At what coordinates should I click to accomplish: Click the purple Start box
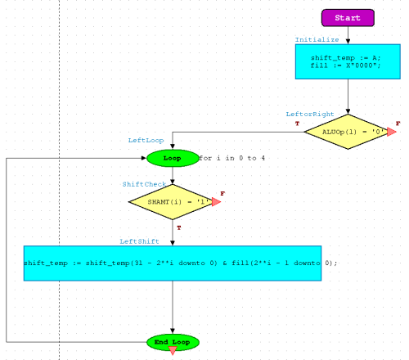348,18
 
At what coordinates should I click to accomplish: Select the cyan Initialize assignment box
348,61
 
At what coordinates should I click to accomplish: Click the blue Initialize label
317,40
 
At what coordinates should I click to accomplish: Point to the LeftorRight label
310,115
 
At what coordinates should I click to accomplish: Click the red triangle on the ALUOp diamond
391,132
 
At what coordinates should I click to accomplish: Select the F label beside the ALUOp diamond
398,124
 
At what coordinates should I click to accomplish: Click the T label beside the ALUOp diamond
297,124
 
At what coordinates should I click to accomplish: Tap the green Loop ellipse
173,158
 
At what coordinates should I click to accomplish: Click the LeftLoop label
146,141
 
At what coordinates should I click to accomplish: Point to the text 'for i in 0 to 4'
231,158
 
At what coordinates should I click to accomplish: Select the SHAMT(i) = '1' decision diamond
173,202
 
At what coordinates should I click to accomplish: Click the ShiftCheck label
144,184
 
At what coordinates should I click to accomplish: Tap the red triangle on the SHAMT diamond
216,202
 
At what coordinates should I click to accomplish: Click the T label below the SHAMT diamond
179,227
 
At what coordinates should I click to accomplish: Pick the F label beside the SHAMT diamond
222,194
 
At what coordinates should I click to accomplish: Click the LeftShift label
139,241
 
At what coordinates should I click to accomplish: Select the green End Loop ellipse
173,342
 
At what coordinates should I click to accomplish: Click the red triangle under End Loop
173,350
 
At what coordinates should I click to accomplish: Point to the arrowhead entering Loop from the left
144,158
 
